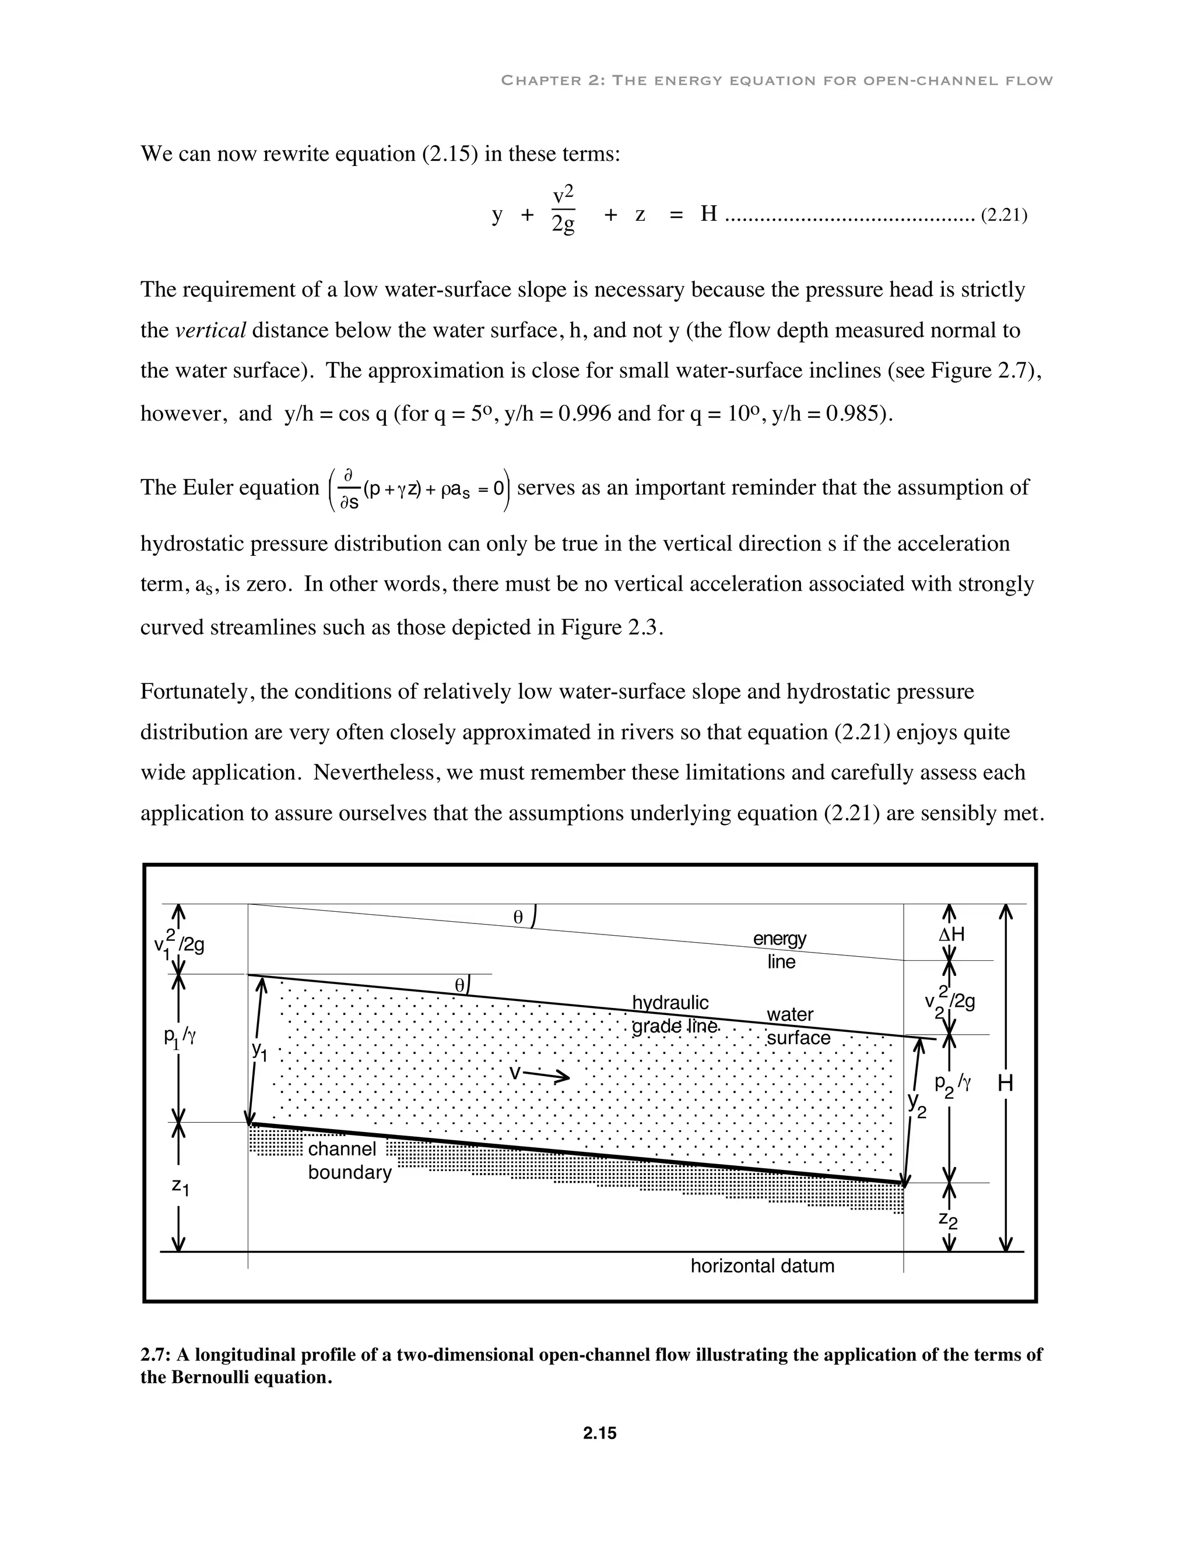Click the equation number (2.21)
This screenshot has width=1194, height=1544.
click(x=1003, y=215)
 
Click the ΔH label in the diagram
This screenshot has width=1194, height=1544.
click(x=951, y=935)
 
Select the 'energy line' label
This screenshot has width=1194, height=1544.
click(x=780, y=950)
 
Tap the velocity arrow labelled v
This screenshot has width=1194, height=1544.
click(x=540, y=1074)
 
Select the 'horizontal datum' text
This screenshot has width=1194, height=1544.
click(x=762, y=1265)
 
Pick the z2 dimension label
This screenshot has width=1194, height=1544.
click(x=948, y=1219)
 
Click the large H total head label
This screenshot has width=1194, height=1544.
click(x=1005, y=1083)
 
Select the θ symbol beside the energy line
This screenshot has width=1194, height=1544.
click(x=518, y=918)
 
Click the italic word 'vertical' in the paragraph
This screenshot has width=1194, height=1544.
click(x=210, y=330)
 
